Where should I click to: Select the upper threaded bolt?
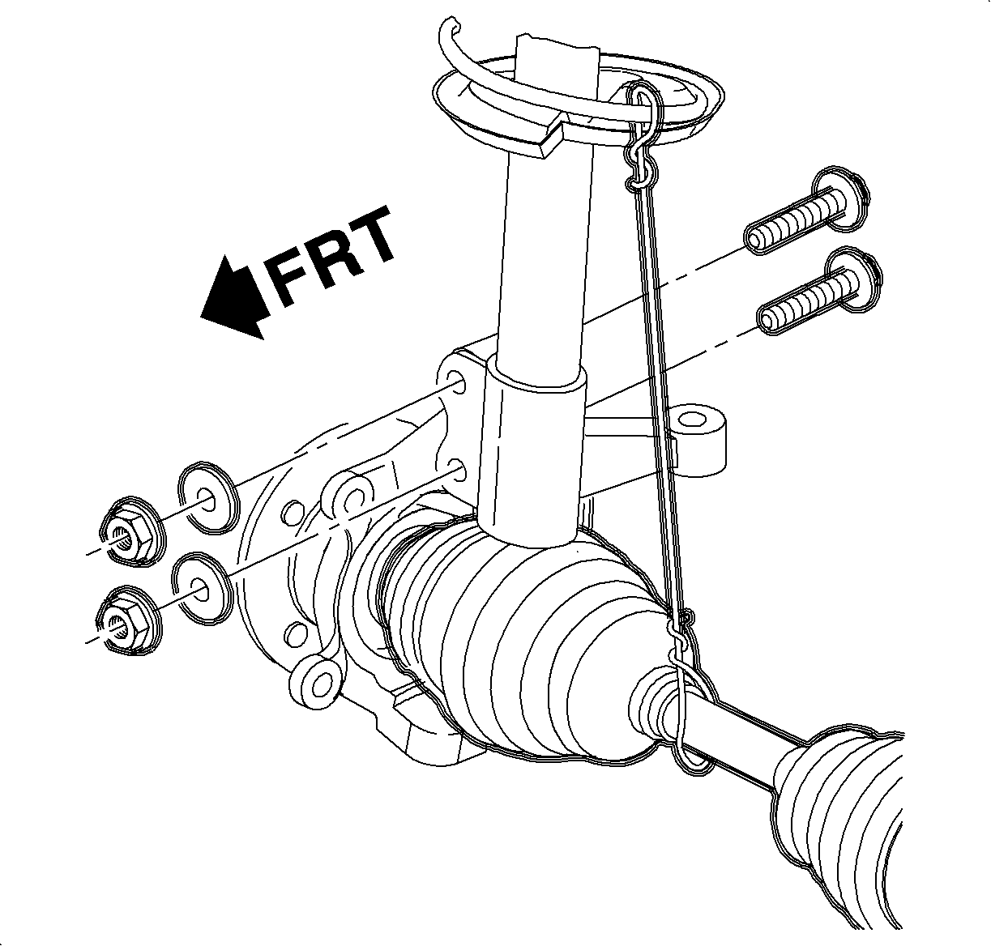click(806, 211)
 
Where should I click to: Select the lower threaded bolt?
click(819, 291)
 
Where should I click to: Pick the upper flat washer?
click(207, 498)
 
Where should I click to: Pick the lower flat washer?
click(203, 589)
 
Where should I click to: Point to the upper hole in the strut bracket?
click(458, 383)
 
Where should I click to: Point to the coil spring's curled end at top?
click(451, 32)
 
